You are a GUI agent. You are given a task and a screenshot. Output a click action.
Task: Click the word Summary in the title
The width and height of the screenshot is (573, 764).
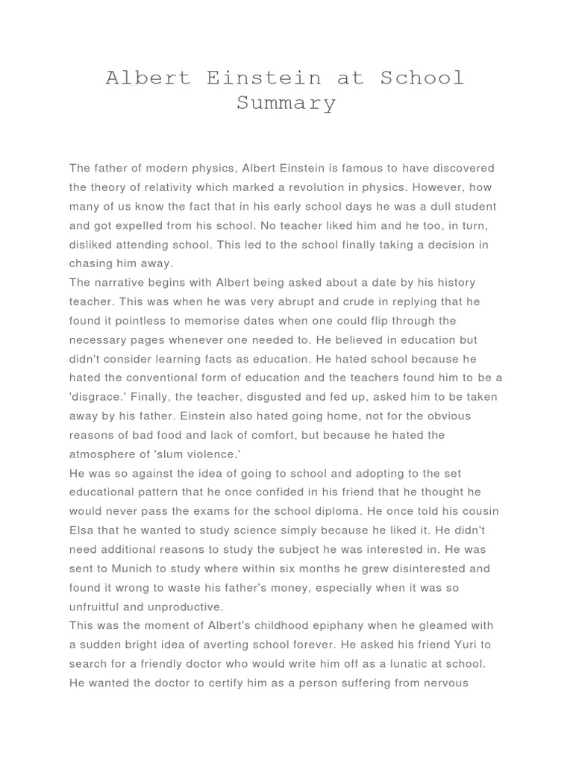coord(286,102)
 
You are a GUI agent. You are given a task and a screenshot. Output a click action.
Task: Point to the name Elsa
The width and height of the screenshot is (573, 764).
coord(83,530)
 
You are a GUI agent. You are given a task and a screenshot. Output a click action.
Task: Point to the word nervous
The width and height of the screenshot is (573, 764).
coord(443,682)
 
